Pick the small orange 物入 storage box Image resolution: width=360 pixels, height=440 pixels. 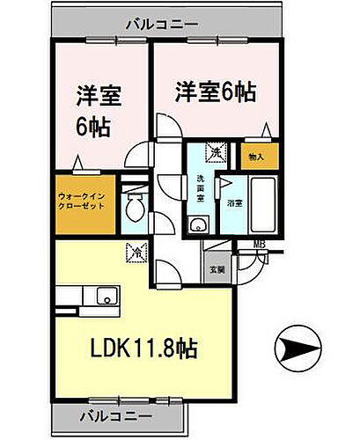click(x=256, y=156)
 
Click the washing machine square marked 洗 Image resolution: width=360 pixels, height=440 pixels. click(x=215, y=151)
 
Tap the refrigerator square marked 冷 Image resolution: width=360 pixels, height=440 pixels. click(x=136, y=250)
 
